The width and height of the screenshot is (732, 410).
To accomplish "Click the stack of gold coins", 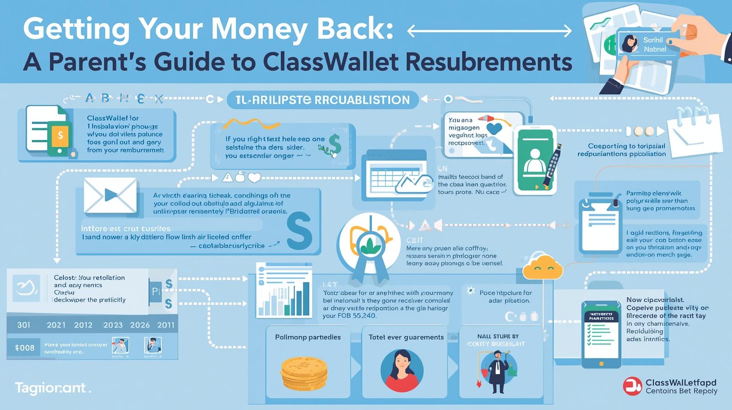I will [304, 373].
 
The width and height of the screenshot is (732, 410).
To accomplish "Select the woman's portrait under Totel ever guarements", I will [402, 371].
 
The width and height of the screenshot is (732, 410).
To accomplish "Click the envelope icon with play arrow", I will [110, 195].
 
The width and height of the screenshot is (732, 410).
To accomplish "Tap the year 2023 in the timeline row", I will [113, 325].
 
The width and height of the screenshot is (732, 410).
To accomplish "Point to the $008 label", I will [25, 348].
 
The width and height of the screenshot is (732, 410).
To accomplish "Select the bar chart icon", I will [284, 291].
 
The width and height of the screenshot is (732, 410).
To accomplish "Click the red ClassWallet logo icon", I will [632, 386].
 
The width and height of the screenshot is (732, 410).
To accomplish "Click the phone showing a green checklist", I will [601, 334].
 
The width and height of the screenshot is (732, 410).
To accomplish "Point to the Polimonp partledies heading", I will [307, 337].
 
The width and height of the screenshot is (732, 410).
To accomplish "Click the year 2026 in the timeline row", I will [140, 325].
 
